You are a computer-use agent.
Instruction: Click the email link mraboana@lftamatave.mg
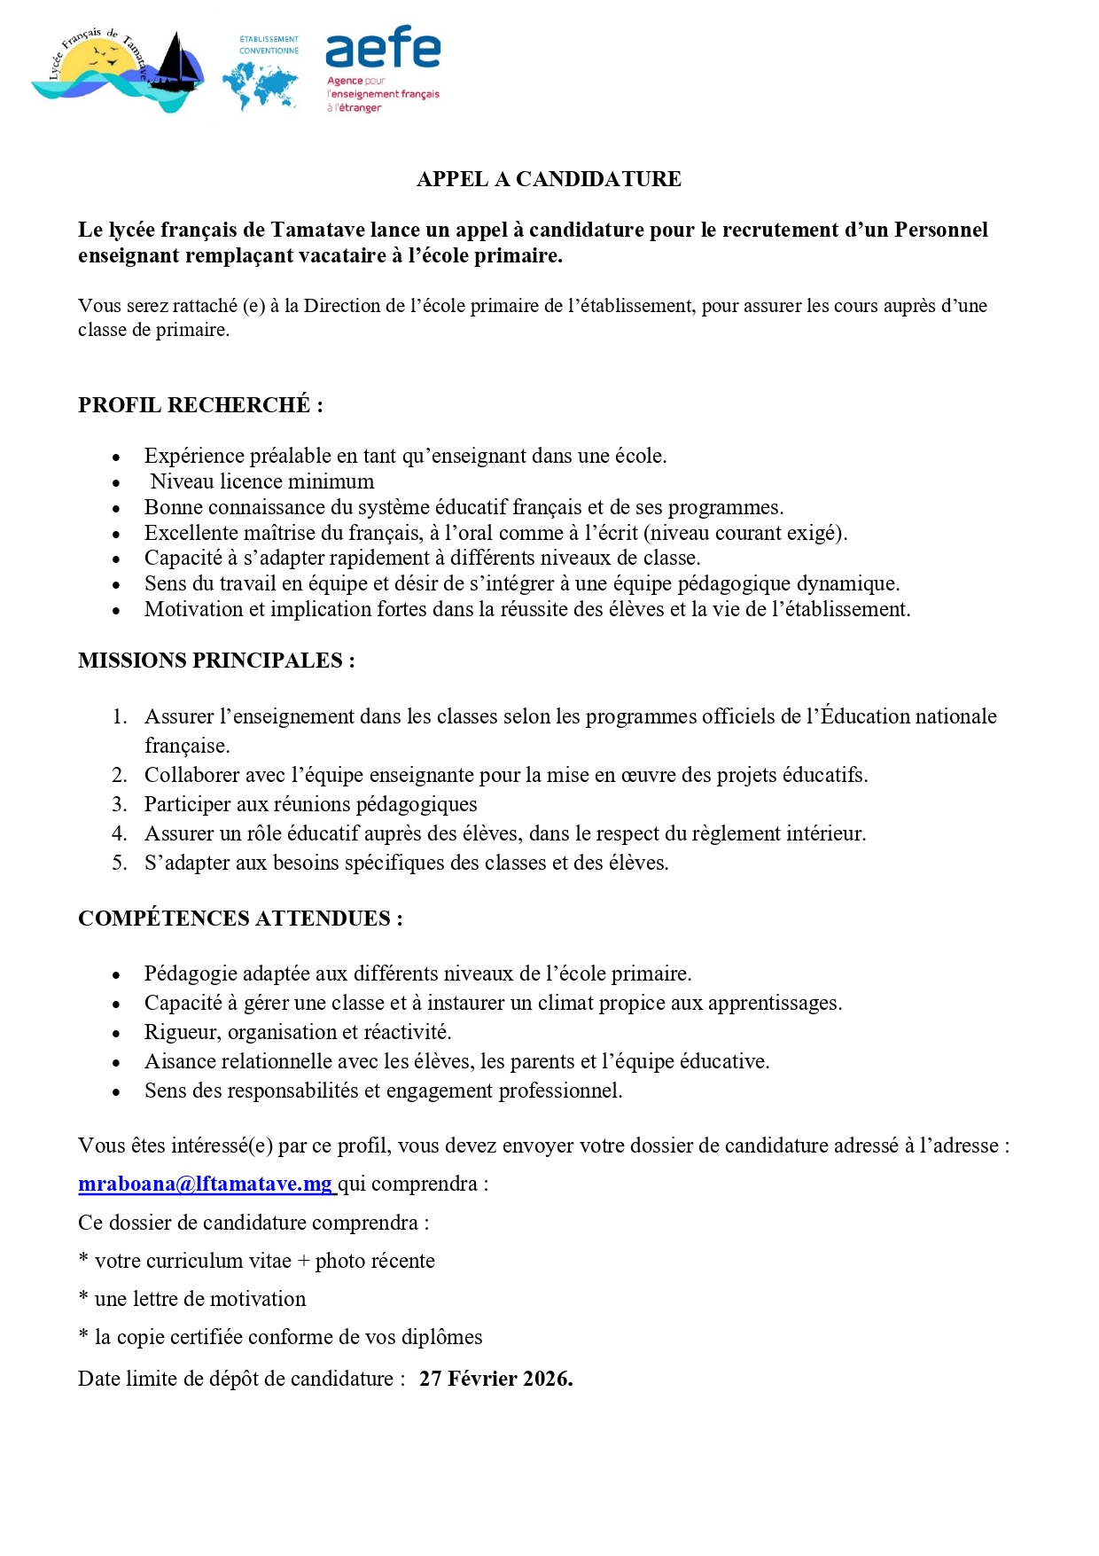point(206,1184)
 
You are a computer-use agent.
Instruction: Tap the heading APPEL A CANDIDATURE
point(549,179)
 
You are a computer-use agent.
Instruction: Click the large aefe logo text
point(383,49)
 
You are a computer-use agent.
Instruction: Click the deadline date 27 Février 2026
point(495,1379)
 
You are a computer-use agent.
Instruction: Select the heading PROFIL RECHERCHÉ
point(200,405)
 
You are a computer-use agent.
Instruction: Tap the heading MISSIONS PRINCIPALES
point(216,661)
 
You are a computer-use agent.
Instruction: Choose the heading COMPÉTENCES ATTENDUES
point(240,919)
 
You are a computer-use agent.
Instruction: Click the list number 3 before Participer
point(120,804)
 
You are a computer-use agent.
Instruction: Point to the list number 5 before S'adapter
point(120,863)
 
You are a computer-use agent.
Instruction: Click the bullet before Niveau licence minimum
point(116,483)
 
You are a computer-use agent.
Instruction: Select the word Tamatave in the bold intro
point(317,230)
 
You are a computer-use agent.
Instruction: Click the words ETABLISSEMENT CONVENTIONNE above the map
point(269,45)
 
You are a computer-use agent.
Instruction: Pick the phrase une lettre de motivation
point(200,1299)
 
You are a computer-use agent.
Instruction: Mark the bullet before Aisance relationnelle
point(116,1063)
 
